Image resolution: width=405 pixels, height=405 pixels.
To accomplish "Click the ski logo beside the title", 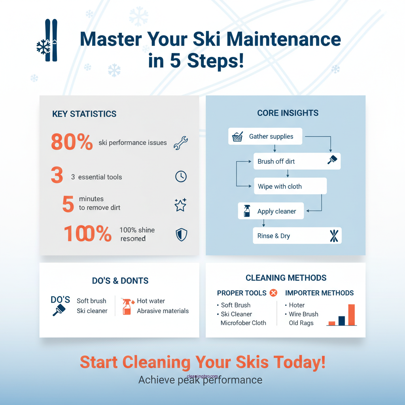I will point(49,40).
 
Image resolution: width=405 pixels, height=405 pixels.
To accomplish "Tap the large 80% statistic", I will point(72,142).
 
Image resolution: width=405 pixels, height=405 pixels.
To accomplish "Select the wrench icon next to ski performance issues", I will point(181,142).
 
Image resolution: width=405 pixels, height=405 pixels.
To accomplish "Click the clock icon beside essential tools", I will point(181,176).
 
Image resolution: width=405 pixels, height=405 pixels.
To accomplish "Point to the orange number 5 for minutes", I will point(68,204).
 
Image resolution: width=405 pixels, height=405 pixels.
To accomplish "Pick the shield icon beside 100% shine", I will point(181,235).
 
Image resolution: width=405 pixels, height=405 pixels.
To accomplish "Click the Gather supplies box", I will point(265,136).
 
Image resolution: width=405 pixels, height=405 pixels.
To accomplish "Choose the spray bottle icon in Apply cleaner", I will point(247,211).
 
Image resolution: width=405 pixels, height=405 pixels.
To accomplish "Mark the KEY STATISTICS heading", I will point(84,114).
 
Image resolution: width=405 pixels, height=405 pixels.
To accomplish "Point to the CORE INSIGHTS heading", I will point(288,113).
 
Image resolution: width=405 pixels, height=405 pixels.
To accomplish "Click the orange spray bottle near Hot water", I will point(127,307).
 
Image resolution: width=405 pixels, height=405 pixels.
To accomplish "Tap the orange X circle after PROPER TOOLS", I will point(273,293).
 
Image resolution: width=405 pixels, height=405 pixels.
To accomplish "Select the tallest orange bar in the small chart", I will point(351,315).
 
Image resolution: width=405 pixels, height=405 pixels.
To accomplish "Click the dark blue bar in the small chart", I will point(342,320).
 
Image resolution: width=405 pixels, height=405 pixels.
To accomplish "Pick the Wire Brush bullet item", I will point(303,314).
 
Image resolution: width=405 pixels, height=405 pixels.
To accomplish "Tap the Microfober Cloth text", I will point(243,323).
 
